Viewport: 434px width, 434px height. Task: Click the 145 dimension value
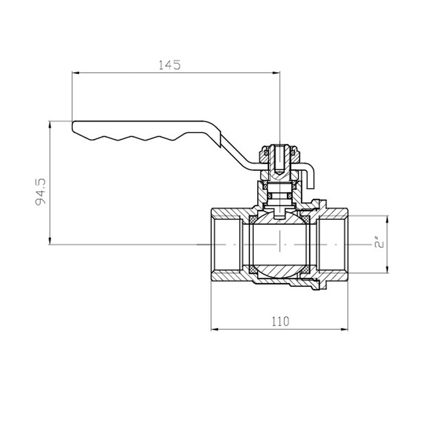coord(169,65)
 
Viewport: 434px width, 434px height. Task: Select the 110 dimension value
coord(280,321)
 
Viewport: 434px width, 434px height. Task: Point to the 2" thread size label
coord(379,244)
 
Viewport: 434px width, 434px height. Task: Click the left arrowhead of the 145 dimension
coord(75,73)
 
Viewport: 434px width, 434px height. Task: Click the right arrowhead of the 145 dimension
coord(276,73)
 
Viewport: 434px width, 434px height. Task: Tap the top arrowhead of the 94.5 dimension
coord(50,125)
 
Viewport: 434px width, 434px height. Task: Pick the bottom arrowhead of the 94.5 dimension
coord(50,241)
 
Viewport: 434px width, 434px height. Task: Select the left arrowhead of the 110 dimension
coord(215,329)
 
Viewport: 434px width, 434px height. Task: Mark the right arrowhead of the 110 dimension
coord(344,329)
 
